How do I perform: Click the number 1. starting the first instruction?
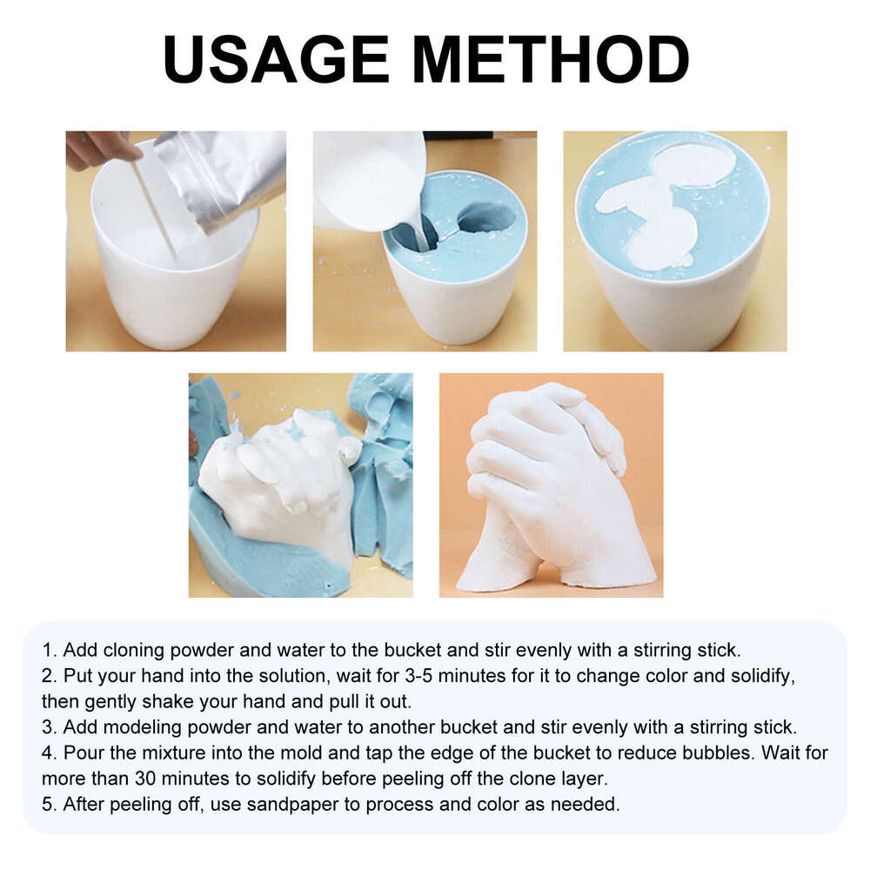pyautogui.click(x=49, y=649)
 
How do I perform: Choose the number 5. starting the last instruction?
pyautogui.click(x=49, y=804)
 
